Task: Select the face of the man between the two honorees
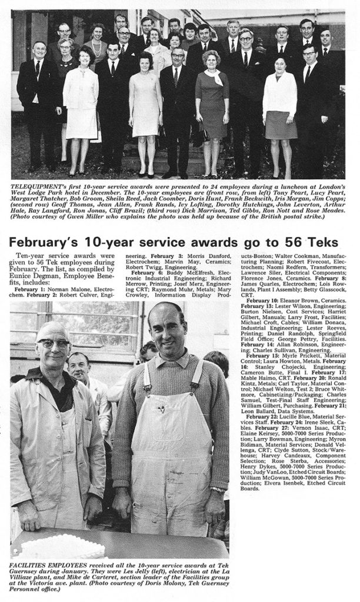point(79,369)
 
